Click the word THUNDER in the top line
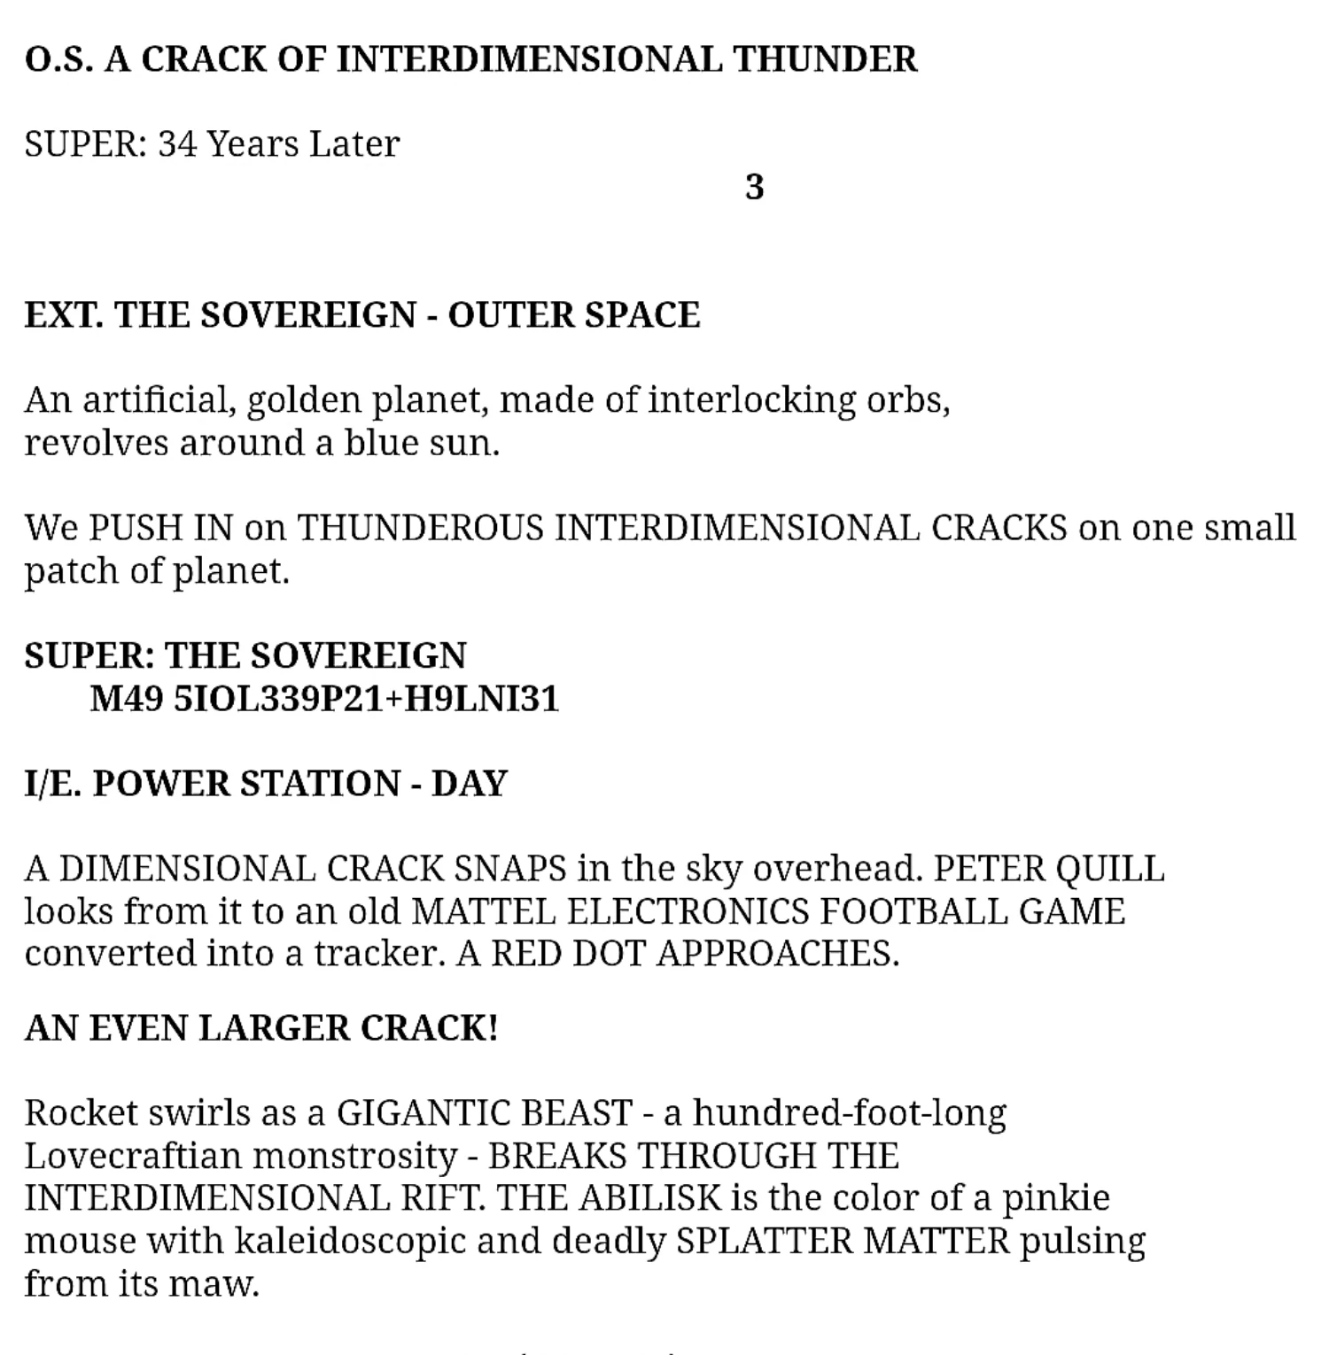tap(825, 59)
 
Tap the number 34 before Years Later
tap(177, 144)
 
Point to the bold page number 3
tap(754, 188)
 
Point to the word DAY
tap(469, 784)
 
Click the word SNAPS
tap(509, 869)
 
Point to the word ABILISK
tap(650, 1198)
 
